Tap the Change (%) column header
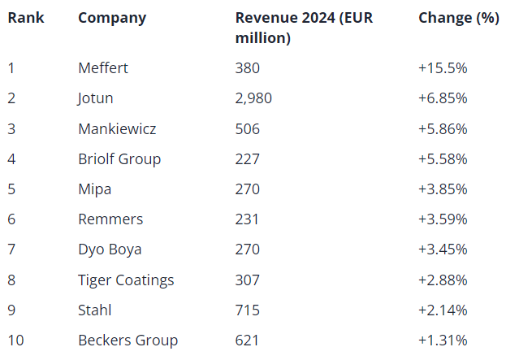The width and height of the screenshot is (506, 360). click(x=458, y=18)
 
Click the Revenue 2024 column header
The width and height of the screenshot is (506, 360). click(x=304, y=28)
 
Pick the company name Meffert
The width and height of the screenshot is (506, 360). click(x=103, y=68)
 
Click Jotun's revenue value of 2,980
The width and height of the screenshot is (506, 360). click(x=253, y=98)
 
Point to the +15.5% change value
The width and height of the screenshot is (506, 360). click(x=443, y=68)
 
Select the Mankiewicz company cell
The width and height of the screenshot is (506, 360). click(x=117, y=128)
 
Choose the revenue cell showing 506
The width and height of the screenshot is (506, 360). click(x=248, y=128)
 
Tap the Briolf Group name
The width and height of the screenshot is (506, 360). click(x=119, y=158)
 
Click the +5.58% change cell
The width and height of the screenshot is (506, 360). click(x=443, y=158)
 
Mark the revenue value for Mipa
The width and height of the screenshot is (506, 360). click(x=248, y=189)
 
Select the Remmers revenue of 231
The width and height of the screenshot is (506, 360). click(x=247, y=219)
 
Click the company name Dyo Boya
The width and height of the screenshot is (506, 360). click(x=110, y=249)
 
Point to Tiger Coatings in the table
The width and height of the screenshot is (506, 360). click(x=126, y=280)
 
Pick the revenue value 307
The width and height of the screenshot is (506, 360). click(x=248, y=280)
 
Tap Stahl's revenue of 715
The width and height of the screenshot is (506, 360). click(x=247, y=310)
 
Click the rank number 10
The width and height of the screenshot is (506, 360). click(x=15, y=340)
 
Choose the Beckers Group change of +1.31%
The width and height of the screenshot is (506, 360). click(x=443, y=340)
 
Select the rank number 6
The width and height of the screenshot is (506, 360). click(x=11, y=219)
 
